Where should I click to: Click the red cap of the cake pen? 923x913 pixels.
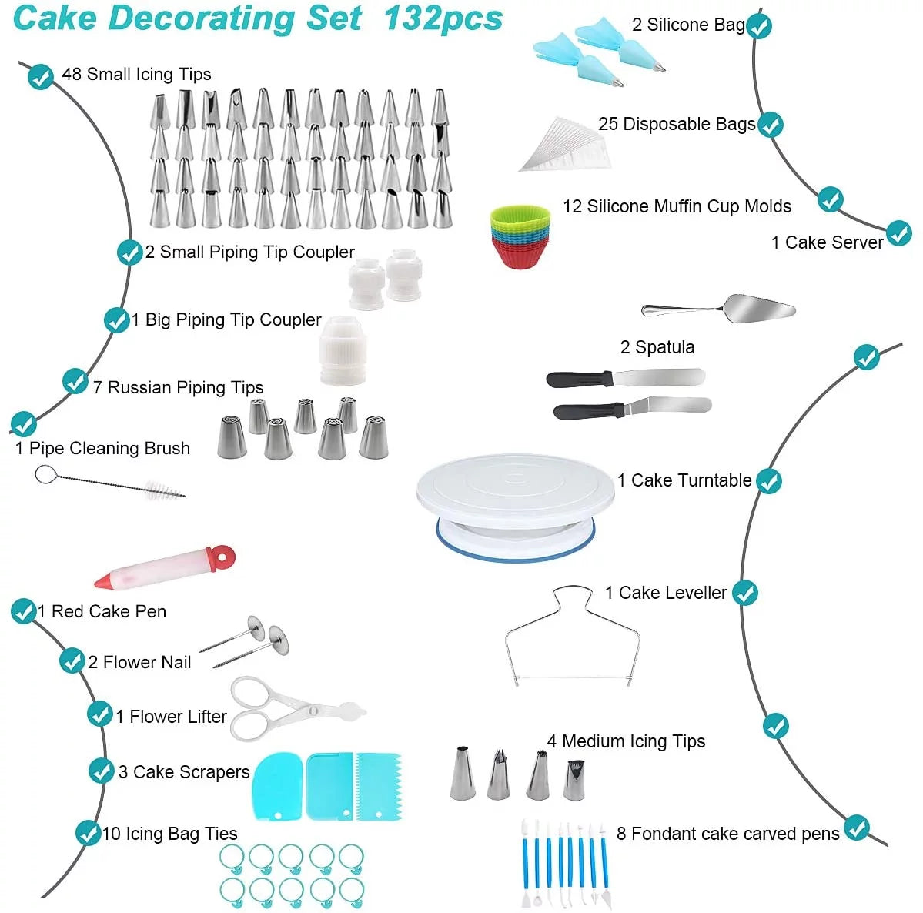pos(221,556)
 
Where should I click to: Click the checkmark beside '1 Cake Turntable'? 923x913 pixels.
pos(768,481)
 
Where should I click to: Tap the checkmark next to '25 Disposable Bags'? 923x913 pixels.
pos(770,125)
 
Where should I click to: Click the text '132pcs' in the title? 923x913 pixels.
pos(443,18)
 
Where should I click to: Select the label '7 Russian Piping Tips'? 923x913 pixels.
pos(178,387)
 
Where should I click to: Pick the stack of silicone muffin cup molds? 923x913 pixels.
pos(521,236)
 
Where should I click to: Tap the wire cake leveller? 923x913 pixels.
pos(573,639)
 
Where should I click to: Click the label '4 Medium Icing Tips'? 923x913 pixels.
pos(626,741)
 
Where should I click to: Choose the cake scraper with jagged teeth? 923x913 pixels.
pos(378,785)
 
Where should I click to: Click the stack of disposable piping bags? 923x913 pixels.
pos(566,144)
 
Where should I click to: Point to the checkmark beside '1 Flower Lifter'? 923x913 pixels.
pos(99,714)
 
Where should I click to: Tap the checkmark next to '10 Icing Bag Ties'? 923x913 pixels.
pos(88,832)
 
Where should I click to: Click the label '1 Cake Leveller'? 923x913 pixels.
pos(665,593)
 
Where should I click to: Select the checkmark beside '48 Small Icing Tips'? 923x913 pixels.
pos(40,76)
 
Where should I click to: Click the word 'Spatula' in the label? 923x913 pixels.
pos(664,347)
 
